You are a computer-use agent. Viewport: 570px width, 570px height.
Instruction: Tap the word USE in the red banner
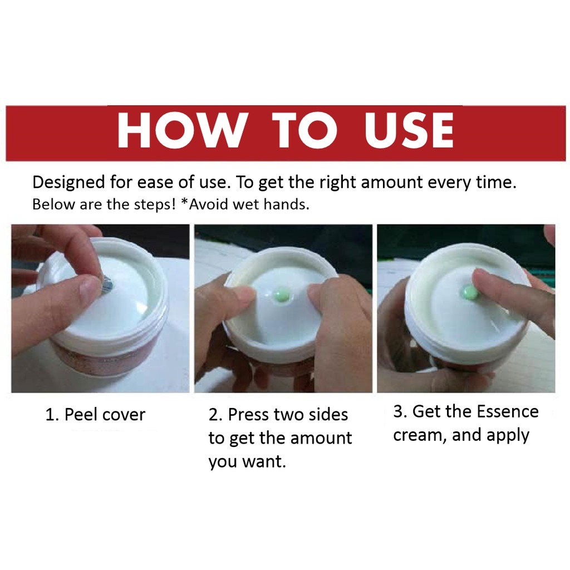[409, 130]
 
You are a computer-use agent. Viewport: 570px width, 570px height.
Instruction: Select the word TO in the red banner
[304, 130]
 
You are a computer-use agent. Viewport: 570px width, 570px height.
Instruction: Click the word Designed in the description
[68, 183]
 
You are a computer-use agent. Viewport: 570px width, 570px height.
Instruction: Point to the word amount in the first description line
[391, 182]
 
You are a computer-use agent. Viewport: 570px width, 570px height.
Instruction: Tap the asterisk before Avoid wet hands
[184, 202]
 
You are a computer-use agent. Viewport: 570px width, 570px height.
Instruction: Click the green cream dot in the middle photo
[282, 294]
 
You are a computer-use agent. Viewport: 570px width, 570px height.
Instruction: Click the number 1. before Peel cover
[52, 415]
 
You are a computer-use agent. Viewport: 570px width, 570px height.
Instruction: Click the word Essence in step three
[508, 411]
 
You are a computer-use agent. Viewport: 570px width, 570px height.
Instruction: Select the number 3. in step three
[400, 411]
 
